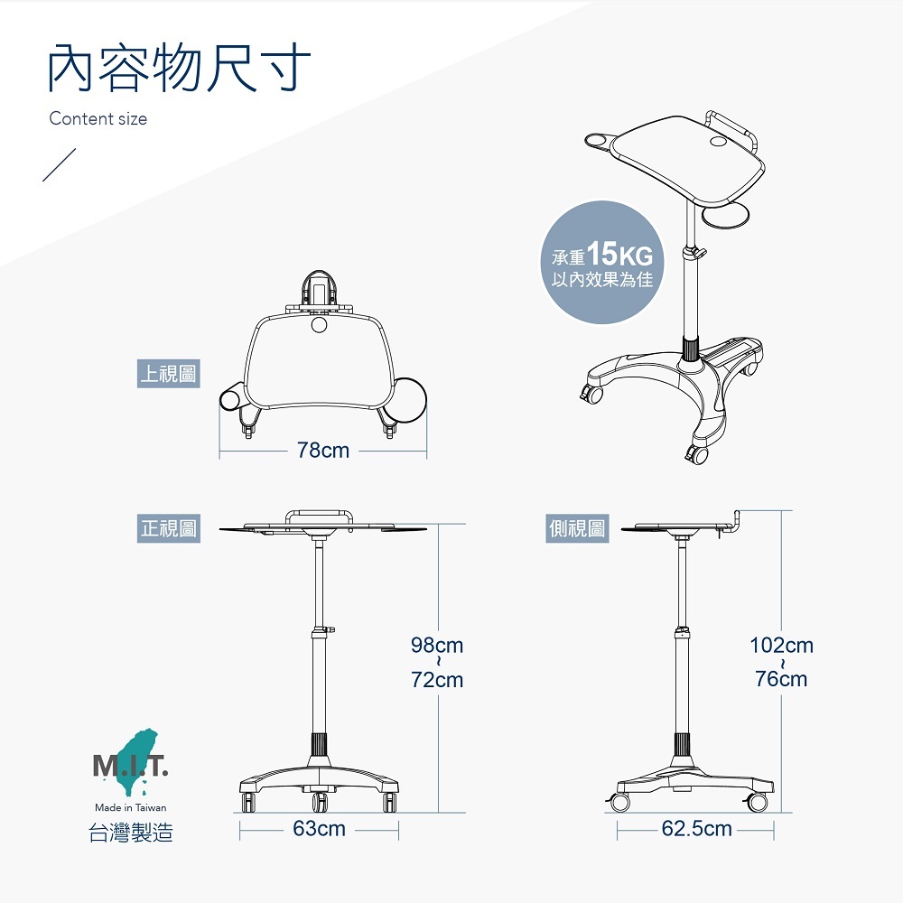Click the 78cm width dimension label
point(323,450)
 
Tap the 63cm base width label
point(319,828)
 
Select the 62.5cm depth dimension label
point(696,828)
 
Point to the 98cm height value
point(436,646)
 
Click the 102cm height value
point(781,646)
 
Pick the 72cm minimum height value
point(436,680)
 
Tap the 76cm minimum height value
point(781,678)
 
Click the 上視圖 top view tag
point(168,373)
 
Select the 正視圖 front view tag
point(168,528)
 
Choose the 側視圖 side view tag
point(578,528)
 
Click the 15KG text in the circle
point(619,254)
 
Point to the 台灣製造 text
point(131,833)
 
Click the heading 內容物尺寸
point(180,68)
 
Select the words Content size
point(98,119)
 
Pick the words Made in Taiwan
point(131,807)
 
